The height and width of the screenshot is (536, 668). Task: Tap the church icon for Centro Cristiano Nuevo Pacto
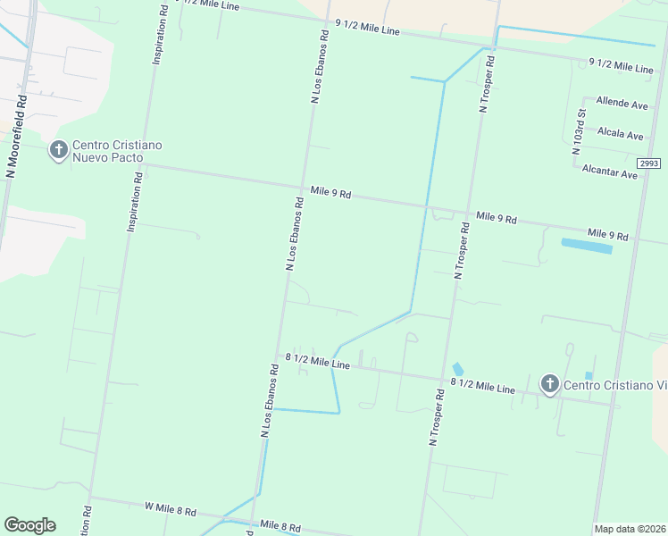59,150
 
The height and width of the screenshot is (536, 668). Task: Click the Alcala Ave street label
621,135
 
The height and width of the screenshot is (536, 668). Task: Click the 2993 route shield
649,163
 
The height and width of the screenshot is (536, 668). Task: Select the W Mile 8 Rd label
170,509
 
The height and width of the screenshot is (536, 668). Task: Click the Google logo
29,525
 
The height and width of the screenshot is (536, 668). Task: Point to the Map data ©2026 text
630,529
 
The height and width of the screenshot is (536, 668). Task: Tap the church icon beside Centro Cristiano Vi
549,385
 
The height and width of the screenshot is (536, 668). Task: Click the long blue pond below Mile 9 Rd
586,246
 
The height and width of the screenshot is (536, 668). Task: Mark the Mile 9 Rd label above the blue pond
608,236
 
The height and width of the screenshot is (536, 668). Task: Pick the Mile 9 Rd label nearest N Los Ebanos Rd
330,192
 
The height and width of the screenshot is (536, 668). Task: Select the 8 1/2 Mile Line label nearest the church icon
483,386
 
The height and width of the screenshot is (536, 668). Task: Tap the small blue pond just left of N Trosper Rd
458,369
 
